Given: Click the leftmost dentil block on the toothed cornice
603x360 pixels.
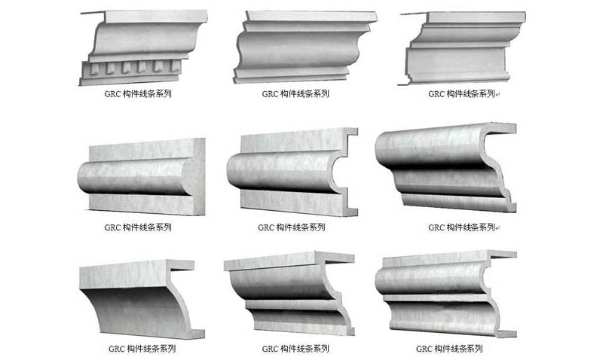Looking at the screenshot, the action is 94,69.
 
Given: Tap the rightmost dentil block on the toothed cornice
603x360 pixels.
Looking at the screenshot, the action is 176,66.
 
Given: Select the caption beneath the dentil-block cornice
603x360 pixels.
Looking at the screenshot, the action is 138,93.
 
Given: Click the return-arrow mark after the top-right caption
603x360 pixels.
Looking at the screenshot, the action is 497,94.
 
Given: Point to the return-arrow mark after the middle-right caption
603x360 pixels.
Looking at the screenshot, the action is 497,228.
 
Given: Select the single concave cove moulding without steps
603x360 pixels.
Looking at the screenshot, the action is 142,300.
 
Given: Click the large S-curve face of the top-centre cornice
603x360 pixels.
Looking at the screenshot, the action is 298,49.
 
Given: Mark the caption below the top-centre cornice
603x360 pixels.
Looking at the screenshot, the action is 295,93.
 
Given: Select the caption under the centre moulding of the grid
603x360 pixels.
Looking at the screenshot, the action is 292,227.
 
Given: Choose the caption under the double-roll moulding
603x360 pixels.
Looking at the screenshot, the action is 449,349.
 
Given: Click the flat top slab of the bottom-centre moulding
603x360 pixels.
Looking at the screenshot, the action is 289,260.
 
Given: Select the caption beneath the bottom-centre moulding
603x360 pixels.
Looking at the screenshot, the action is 295,349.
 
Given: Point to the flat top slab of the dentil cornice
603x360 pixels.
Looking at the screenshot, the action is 156,17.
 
